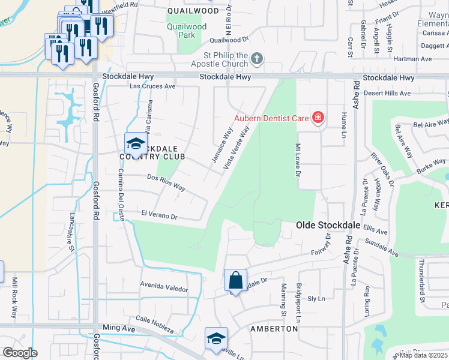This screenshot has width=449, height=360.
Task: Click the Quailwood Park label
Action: [187, 31]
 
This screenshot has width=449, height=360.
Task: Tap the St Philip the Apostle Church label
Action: [216, 59]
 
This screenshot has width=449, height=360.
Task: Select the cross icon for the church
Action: [257, 58]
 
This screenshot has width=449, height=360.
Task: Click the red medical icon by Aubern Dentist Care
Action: [318, 118]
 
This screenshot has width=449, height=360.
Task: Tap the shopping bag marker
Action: [235, 280]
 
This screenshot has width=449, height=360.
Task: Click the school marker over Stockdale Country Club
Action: [136, 143]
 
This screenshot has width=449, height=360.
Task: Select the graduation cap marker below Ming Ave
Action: [216, 338]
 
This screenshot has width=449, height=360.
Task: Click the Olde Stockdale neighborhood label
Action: [328, 225]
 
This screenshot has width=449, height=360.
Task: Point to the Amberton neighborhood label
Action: [274, 329]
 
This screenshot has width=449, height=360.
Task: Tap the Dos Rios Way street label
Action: [166, 182]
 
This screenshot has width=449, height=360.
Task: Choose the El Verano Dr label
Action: [159, 215]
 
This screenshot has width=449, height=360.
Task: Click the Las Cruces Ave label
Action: [153, 86]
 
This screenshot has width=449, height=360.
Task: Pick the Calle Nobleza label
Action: [155, 325]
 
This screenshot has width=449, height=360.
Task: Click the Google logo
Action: [20, 352]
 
